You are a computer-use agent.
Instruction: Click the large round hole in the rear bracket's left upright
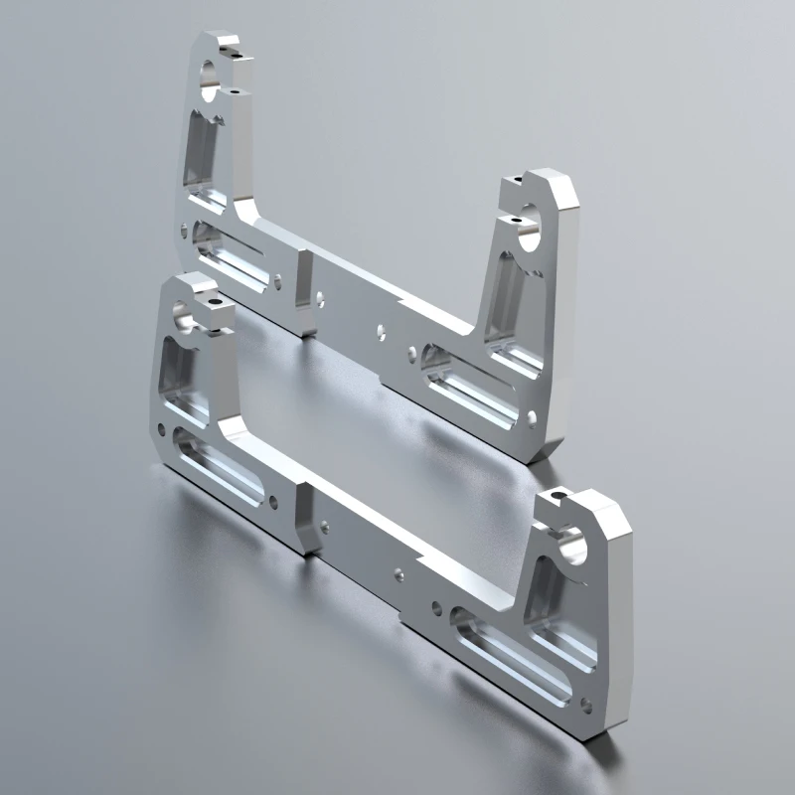(x=210, y=79)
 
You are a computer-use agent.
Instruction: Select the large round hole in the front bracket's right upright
(x=569, y=545)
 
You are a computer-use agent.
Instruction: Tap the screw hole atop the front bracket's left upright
(x=211, y=297)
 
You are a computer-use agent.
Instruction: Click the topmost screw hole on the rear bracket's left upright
(x=235, y=44)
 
